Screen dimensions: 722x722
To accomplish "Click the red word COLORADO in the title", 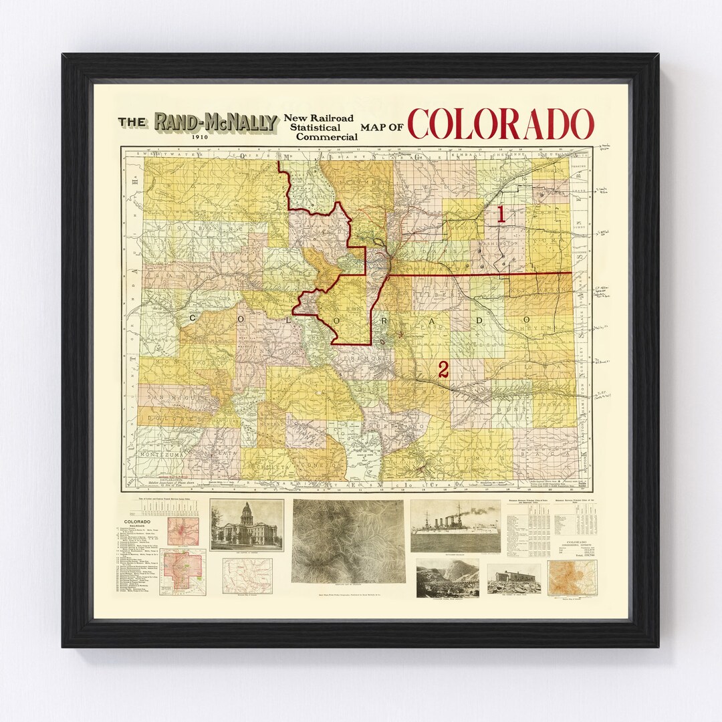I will click(x=500, y=124).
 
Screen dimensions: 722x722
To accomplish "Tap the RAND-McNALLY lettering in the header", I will click(x=216, y=122).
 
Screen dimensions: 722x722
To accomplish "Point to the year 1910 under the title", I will click(x=200, y=138).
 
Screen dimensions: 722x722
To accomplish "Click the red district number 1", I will click(x=500, y=215).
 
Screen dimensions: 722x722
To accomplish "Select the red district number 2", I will click(x=443, y=370).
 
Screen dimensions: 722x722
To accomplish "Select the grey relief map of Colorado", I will click(x=348, y=541).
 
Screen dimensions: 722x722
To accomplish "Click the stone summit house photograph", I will click(x=513, y=578).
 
